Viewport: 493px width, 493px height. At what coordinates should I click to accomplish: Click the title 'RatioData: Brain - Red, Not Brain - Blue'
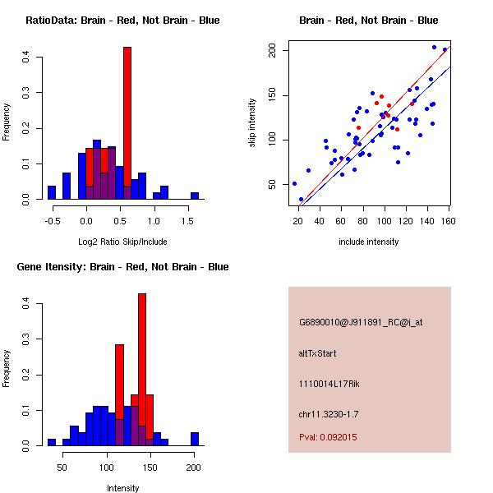click(x=122, y=21)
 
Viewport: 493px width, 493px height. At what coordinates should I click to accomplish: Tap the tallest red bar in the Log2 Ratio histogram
click(x=127, y=123)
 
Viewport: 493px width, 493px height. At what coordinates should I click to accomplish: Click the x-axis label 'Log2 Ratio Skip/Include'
click(x=122, y=242)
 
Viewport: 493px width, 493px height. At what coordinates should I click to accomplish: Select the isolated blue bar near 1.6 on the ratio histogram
click(x=195, y=196)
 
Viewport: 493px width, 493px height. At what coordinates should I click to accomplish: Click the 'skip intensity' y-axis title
click(x=254, y=122)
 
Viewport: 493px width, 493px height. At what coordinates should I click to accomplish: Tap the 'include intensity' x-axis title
click(x=368, y=242)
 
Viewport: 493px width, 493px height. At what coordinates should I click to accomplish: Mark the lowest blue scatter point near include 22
click(x=301, y=200)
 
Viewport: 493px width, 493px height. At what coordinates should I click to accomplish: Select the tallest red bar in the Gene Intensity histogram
click(x=142, y=370)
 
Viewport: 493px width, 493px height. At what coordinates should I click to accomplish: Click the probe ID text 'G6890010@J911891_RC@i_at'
click(x=361, y=323)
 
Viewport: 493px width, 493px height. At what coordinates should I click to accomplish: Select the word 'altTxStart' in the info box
click(x=318, y=353)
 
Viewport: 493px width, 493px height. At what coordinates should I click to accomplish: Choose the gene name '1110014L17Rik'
click(x=329, y=384)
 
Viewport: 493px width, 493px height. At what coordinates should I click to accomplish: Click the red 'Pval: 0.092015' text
click(x=328, y=437)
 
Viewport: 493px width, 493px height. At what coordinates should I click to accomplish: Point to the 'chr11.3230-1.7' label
click(x=329, y=413)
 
